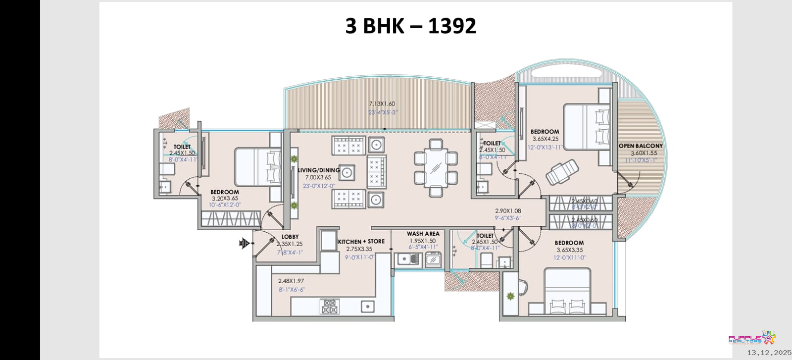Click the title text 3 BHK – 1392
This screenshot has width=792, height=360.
point(410,26)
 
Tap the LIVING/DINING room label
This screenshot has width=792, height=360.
point(319,170)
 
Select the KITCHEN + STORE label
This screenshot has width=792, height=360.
point(361,241)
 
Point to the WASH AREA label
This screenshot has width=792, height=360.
point(423,234)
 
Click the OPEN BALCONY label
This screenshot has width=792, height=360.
point(641,146)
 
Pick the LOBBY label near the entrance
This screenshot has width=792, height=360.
point(290,237)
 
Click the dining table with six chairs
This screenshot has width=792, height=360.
point(436,168)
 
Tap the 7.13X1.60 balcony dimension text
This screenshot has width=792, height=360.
point(382,104)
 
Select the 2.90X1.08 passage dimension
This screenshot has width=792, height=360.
point(508,211)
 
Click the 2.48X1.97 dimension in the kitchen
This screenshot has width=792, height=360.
point(291,281)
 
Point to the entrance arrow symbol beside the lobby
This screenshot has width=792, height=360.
point(244,243)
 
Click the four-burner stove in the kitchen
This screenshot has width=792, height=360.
point(329,306)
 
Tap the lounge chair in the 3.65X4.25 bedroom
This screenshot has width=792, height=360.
point(563,172)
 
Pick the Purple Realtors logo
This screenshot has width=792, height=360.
point(751,339)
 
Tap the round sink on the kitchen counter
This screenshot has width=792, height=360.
point(367,307)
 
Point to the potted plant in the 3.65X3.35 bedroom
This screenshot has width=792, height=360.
point(510,296)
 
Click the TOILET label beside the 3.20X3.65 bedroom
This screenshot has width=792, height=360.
point(182,147)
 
